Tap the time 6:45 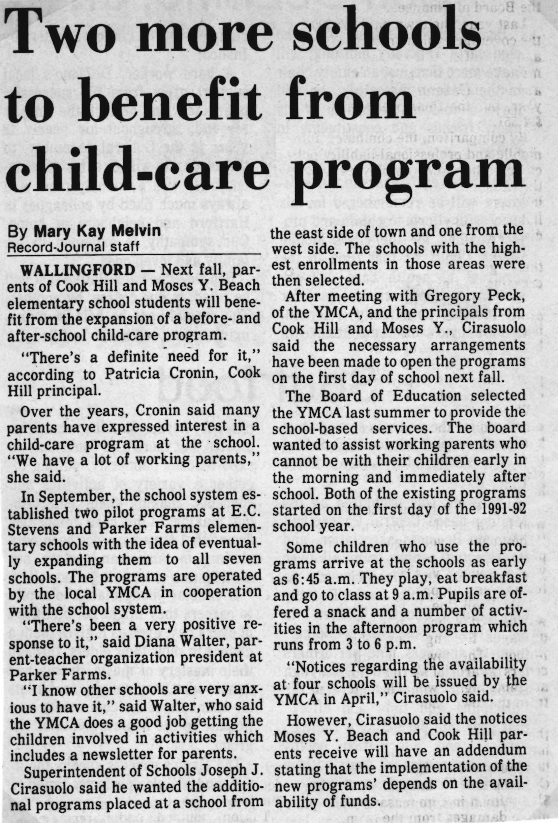coord(303,578)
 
